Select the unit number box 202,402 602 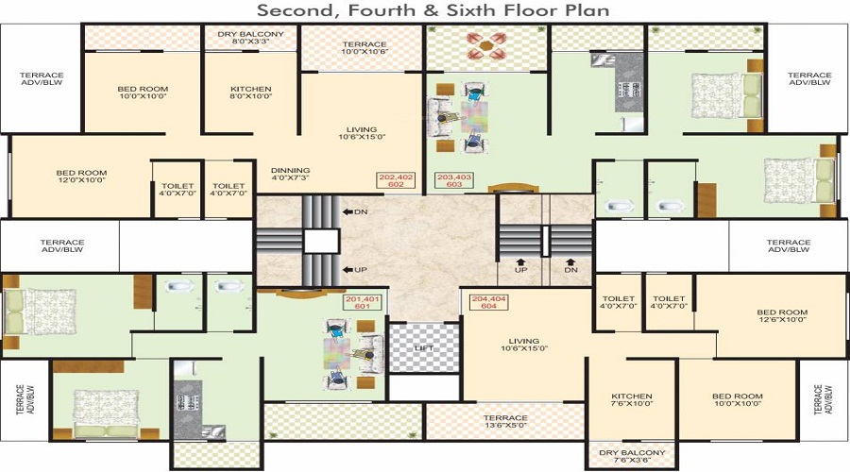(396, 180)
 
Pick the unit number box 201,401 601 (361, 302)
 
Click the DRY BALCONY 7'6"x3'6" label (632, 456)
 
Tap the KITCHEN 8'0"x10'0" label (250, 93)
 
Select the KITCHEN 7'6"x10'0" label (632, 400)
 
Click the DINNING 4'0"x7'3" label (290, 175)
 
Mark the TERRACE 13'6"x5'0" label (505, 421)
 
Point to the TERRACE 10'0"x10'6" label (364, 48)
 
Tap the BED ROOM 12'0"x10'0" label (81, 177)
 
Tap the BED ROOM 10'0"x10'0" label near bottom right (738, 400)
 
